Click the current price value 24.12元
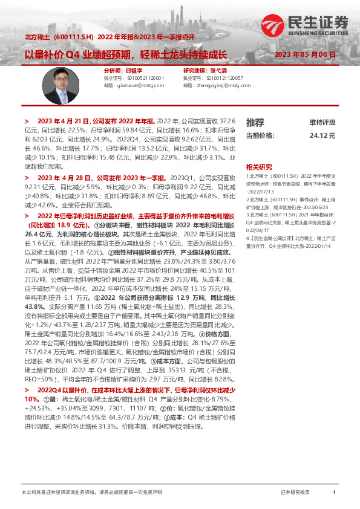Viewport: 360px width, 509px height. pos(322,136)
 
